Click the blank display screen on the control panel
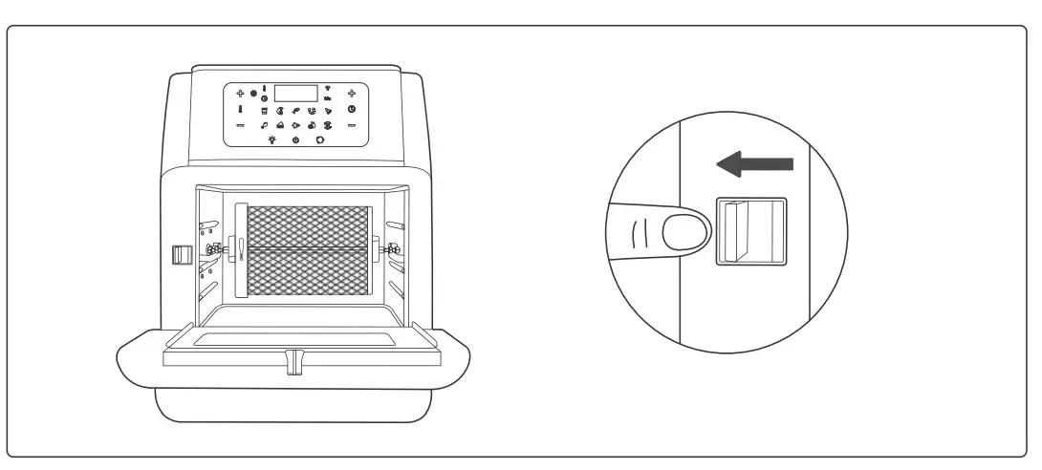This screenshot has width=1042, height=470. click(295, 94)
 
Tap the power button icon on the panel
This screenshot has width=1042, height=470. click(295, 140)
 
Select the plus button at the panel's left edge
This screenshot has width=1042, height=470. click(241, 94)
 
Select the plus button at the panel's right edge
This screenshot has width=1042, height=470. click(352, 94)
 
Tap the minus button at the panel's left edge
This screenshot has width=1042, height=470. click(241, 126)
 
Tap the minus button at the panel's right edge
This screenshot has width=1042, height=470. click(352, 126)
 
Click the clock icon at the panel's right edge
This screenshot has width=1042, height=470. click(352, 110)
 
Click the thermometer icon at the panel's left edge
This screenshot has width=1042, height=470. click(241, 110)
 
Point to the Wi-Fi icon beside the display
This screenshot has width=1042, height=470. click(327, 88)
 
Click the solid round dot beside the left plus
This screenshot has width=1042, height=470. click(254, 94)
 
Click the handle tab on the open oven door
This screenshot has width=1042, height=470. click(293, 360)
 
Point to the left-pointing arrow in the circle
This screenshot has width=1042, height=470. click(754, 164)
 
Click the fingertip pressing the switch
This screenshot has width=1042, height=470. click(684, 232)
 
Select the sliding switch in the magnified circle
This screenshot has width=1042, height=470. click(749, 232)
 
